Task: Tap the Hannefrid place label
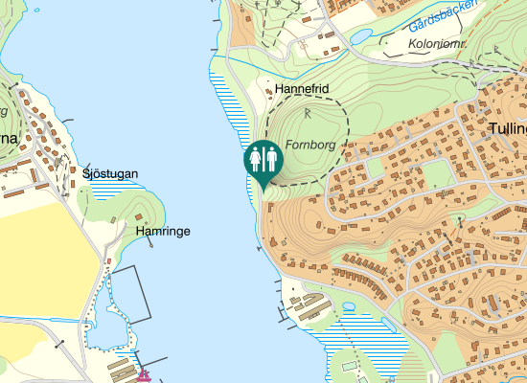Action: [301, 89]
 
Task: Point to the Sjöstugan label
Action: [110, 173]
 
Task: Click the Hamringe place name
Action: [162, 232]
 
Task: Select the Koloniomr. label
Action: [436, 45]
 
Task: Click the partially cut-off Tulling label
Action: [507, 128]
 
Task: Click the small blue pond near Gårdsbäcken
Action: [361, 36]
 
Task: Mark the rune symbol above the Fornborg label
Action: [308, 113]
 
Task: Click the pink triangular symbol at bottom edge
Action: [145, 374]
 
